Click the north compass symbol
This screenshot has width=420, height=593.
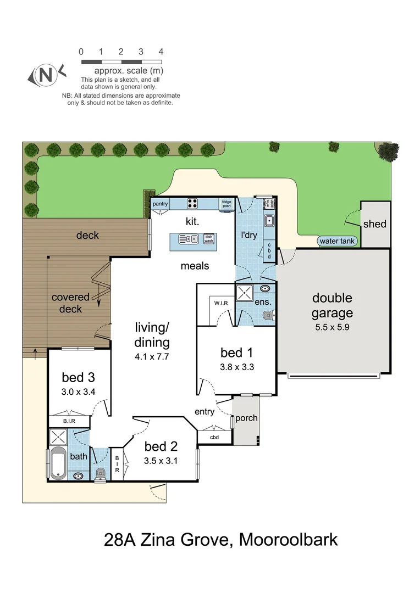[x=46, y=75]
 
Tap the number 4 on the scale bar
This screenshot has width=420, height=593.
[x=161, y=52]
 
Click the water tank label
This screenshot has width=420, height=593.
[x=337, y=241]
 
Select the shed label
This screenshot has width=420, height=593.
[x=374, y=224]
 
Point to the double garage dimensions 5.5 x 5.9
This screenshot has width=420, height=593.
[x=331, y=326]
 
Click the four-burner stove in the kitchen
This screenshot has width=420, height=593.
[x=193, y=203]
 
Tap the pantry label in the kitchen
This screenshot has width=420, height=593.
[x=160, y=204]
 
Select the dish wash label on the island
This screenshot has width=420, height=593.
[x=209, y=239]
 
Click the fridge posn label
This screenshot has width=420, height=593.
[x=226, y=204]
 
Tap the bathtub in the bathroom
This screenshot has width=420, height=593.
[x=58, y=462]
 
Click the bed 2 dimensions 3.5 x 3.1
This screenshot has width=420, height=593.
[x=162, y=461]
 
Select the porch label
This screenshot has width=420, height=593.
[x=246, y=418]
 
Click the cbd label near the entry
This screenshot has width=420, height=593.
[x=214, y=437]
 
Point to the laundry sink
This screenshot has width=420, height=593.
[x=269, y=221]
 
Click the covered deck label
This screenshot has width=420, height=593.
[x=70, y=303]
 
